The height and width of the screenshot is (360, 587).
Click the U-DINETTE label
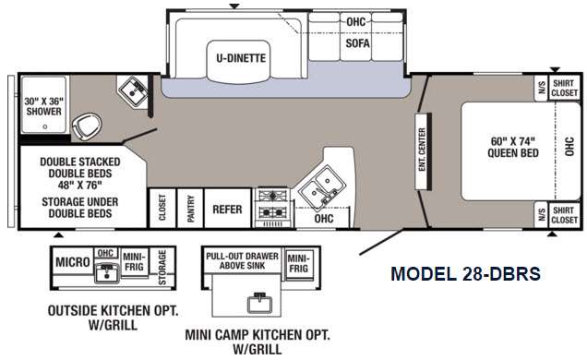[x=241, y=58]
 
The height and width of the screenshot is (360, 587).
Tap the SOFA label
[x=357, y=43]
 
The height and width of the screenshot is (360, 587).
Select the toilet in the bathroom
[x=87, y=126]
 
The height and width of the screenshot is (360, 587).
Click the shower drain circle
[x=45, y=126]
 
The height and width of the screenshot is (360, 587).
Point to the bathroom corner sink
[x=133, y=90]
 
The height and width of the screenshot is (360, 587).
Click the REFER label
[x=227, y=210]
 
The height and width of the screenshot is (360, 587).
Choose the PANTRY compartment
[x=190, y=208]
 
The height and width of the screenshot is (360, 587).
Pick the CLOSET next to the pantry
[x=162, y=208]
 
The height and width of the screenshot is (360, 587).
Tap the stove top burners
[x=272, y=205]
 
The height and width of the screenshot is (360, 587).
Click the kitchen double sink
[x=321, y=186]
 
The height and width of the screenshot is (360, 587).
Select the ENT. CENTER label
[x=422, y=150]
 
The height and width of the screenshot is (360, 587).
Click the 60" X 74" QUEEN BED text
[x=513, y=147]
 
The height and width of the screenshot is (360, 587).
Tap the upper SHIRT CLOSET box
[x=565, y=89]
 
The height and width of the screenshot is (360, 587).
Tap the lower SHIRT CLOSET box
[x=565, y=215]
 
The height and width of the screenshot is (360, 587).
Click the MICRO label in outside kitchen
[x=73, y=262]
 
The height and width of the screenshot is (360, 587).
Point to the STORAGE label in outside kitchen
[x=162, y=267]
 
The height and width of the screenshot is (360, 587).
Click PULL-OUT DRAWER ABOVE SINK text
[x=242, y=261]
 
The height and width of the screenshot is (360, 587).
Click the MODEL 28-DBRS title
[x=466, y=274]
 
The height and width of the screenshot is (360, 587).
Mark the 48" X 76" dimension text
[x=80, y=186]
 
